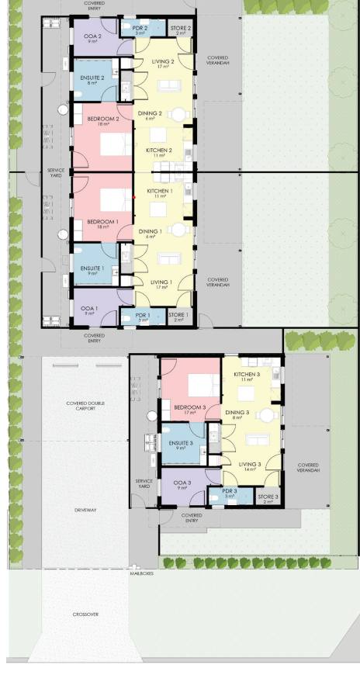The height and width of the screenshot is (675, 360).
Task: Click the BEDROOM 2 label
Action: pos(102,119)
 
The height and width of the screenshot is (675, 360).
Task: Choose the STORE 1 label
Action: pos(178,315)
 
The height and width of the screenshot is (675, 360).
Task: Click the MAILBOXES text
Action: pos(143,573)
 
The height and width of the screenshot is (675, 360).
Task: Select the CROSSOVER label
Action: pos(85,614)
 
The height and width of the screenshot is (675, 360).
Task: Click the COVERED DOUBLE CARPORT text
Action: pos(85,406)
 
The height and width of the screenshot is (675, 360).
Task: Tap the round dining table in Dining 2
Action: pos(179,115)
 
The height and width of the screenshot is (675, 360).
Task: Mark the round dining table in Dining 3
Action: pos(267,415)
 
